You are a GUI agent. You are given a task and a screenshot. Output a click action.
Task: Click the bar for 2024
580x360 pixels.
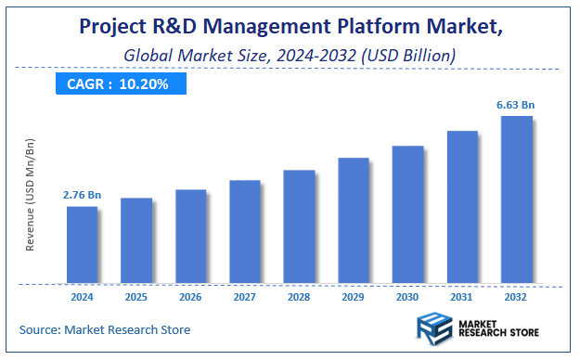pyautogui.click(x=82, y=245)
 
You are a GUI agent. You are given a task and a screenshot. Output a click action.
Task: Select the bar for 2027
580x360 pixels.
pyautogui.click(x=245, y=232)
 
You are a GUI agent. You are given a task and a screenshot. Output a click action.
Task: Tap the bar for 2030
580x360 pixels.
pyautogui.click(x=407, y=214)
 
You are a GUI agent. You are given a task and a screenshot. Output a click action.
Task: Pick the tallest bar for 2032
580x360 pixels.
pyautogui.click(x=517, y=199)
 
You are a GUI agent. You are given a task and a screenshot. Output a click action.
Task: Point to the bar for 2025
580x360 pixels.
pyautogui.click(x=136, y=240)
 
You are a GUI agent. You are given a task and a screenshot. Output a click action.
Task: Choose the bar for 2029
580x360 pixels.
pyautogui.click(x=354, y=221)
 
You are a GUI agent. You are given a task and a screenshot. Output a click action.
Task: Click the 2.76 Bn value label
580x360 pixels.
pyautogui.click(x=81, y=196)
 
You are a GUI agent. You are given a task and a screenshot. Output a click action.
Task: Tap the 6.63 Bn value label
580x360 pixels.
pyautogui.click(x=517, y=105)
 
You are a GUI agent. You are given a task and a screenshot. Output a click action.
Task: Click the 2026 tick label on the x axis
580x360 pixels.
pyautogui.click(x=190, y=297)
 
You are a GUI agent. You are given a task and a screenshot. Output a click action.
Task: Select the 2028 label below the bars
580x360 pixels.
pyautogui.click(x=299, y=297)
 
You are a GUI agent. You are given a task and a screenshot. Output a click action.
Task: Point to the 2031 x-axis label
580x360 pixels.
pyautogui.click(x=462, y=297)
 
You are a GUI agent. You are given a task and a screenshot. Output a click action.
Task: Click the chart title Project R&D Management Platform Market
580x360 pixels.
pyautogui.click(x=290, y=28)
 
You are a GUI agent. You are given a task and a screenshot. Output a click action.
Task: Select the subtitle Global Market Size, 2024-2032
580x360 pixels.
pyautogui.click(x=290, y=56)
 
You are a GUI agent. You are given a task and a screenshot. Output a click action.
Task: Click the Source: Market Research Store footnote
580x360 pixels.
pyautogui.click(x=105, y=329)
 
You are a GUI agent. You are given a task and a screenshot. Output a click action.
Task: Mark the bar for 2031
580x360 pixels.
pyautogui.click(x=462, y=207)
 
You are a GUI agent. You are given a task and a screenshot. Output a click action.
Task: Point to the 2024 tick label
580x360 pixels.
pyautogui.click(x=82, y=297)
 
